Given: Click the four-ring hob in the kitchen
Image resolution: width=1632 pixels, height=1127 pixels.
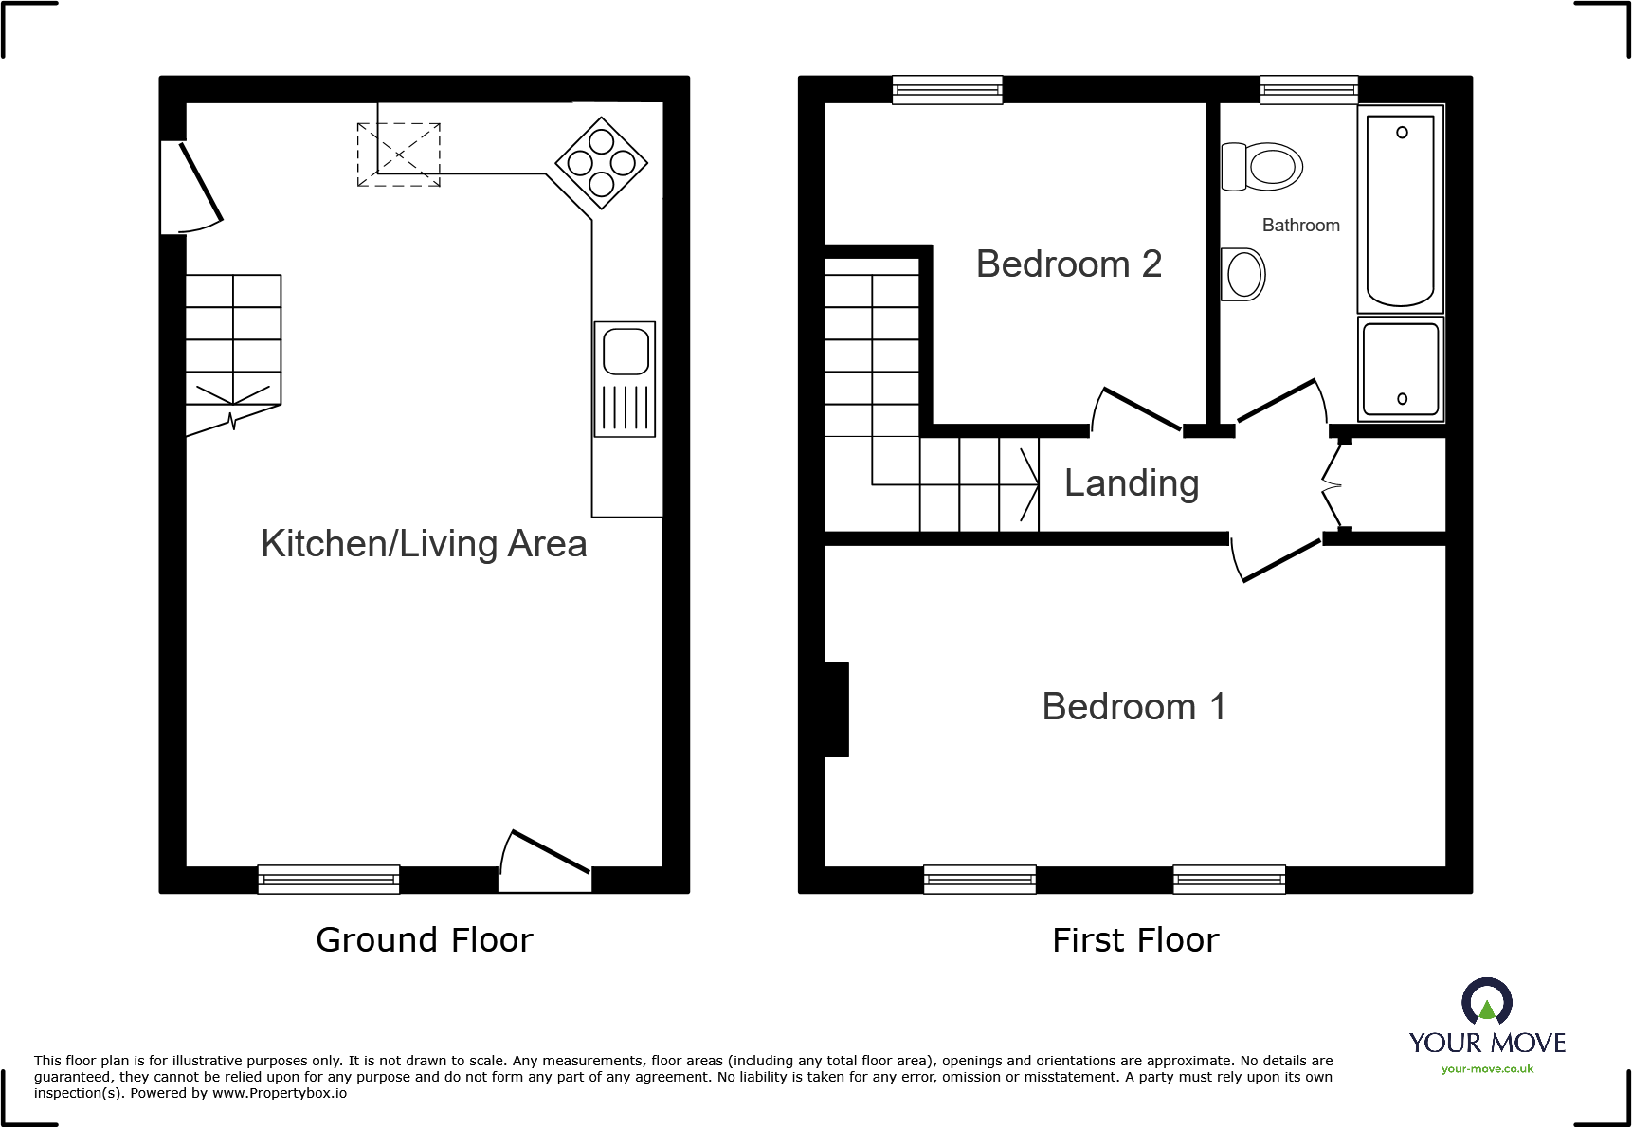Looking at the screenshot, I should pyautogui.click(x=601, y=163).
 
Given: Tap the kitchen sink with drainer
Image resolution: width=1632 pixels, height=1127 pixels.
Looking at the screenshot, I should pyautogui.click(x=625, y=379).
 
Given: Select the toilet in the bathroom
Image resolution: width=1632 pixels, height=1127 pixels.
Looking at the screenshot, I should pyautogui.click(x=1261, y=167).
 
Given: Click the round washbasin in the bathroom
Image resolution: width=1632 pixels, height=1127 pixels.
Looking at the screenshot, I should pyautogui.click(x=1243, y=275).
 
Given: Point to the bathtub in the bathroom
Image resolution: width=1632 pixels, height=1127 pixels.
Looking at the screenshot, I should pyautogui.click(x=1400, y=209).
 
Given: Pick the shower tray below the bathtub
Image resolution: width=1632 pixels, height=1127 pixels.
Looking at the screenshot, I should pyautogui.click(x=1401, y=369).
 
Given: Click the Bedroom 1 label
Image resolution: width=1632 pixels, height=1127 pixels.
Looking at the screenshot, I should pyautogui.click(x=1133, y=707).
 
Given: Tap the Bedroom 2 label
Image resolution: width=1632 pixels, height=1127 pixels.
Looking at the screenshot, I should pyautogui.click(x=1068, y=264).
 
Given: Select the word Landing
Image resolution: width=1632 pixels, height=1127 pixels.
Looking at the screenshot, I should pyautogui.click(x=1131, y=483).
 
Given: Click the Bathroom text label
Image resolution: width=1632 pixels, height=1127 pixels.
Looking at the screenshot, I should pyautogui.click(x=1300, y=226).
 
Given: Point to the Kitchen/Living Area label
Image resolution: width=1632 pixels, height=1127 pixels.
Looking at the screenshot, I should pyautogui.click(x=424, y=544).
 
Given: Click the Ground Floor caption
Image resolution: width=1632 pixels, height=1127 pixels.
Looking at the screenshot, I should pyautogui.click(x=424, y=940).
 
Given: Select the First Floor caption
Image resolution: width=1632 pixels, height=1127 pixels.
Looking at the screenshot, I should pyautogui.click(x=1134, y=940).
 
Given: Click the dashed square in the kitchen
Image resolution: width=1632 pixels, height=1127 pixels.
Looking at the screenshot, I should pyautogui.click(x=399, y=155).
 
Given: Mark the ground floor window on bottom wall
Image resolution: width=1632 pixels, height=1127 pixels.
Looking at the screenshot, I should pyautogui.click(x=328, y=880).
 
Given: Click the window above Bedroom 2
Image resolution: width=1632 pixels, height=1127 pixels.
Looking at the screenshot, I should pyautogui.click(x=947, y=90).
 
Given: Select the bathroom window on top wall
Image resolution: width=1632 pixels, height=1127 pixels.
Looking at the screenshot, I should pyautogui.click(x=1308, y=90).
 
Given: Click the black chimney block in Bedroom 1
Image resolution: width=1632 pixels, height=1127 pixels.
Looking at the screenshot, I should pyautogui.click(x=836, y=709).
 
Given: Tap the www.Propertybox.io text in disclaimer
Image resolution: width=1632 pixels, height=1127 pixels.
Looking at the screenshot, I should pyautogui.click(x=279, y=1094).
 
